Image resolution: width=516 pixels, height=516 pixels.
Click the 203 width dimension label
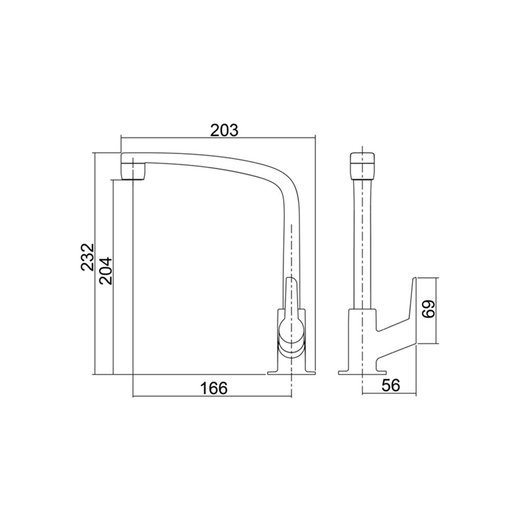(x=224, y=130)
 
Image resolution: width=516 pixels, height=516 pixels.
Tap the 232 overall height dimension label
(x=87, y=257)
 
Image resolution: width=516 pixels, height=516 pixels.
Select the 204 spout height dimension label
(x=106, y=271)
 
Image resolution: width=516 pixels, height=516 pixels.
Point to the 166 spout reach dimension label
(x=214, y=388)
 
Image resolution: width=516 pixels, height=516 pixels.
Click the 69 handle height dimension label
(x=429, y=309)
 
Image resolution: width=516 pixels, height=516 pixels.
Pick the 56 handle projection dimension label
(x=391, y=386)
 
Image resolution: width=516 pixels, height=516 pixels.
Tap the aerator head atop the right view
(x=363, y=166)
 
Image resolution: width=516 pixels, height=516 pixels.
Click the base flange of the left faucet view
(x=291, y=373)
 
